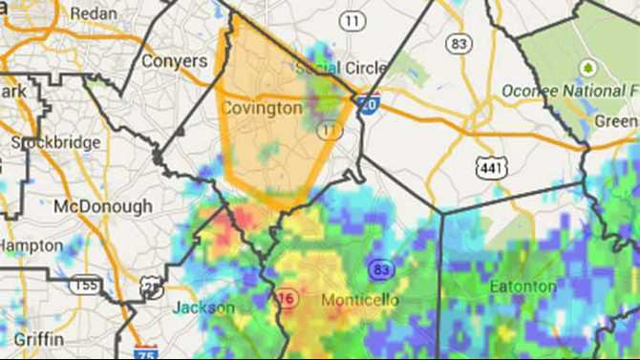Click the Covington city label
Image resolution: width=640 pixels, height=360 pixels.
pyautogui.click(x=262, y=108)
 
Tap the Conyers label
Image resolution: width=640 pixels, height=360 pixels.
pyautogui.click(x=174, y=60)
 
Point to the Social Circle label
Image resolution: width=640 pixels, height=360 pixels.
pyautogui.click(x=342, y=68)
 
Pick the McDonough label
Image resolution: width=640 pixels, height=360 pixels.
pyautogui.click(x=102, y=206)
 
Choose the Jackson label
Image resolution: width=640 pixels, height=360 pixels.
pyautogui.click(x=203, y=307)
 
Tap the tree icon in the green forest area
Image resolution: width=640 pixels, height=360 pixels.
pyautogui.click(x=587, y=68)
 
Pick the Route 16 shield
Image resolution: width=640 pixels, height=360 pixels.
pyautogui.click(x=283, y=297)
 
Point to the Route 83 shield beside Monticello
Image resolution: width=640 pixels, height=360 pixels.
pyautogui.click(x=381, y=269)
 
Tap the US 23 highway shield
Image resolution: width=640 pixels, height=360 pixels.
pyautogui.click(x=152, y=286)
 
